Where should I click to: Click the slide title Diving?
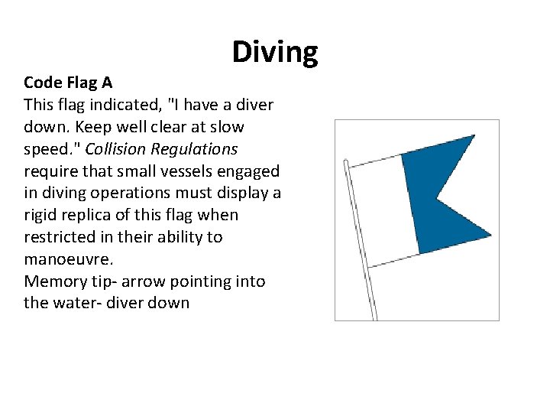coord(275,52)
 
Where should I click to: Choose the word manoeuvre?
coord(67,259)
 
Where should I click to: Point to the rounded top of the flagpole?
coord(346,162)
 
